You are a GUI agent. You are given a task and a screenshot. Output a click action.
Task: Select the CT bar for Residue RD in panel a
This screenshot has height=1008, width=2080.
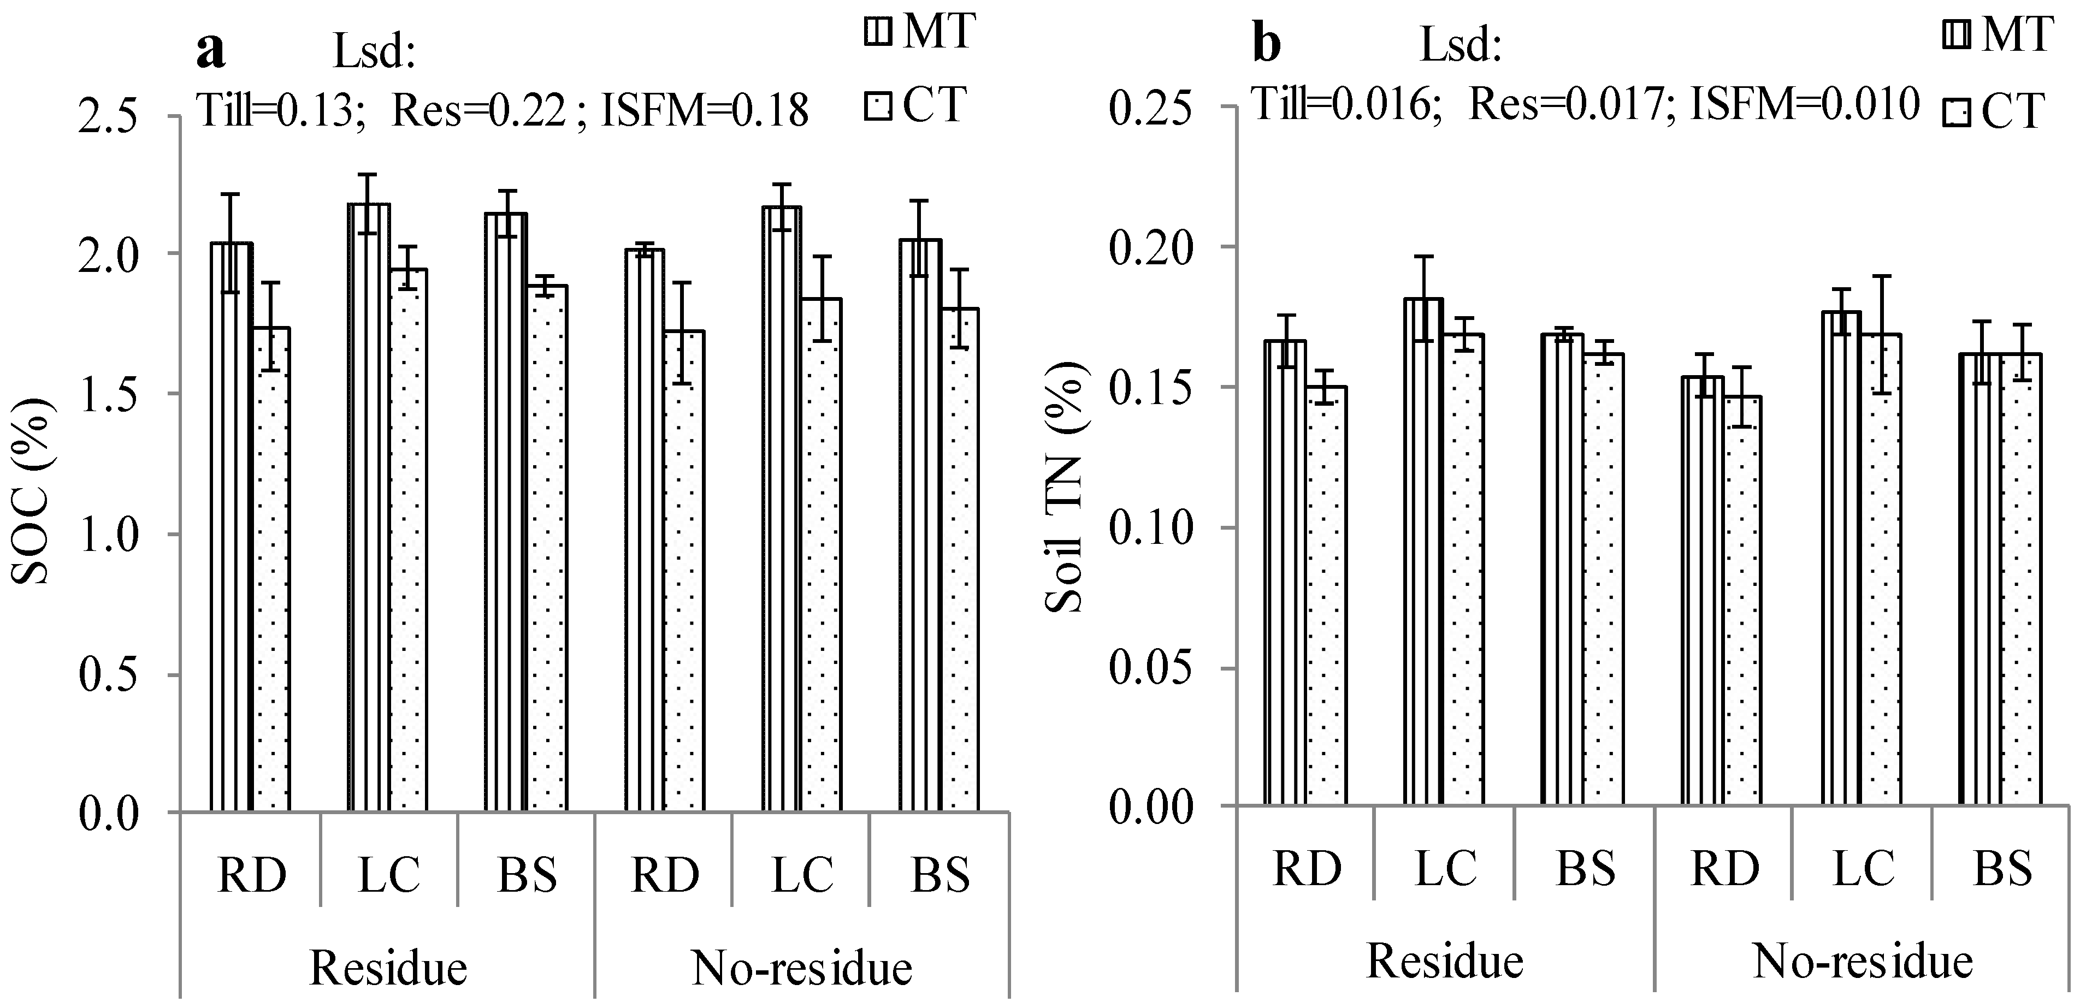pos(272,569)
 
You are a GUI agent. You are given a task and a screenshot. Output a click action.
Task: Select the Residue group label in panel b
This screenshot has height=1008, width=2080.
pos(1445,961)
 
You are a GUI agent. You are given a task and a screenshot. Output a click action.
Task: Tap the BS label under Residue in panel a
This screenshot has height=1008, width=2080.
pos(527,875)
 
